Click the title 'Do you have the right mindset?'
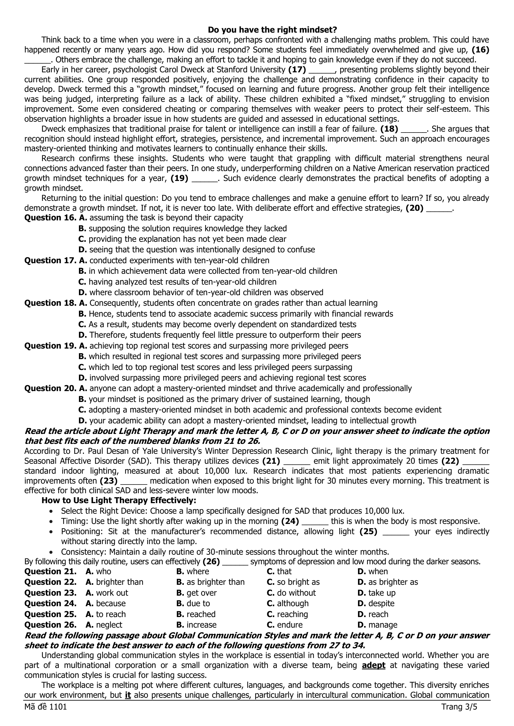click(272, 30)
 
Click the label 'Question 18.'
click(50, 303)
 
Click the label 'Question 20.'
click(50, 388)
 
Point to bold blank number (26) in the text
click(211, 561)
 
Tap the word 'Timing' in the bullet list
click(72, 521)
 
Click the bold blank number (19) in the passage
click(179, 178)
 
